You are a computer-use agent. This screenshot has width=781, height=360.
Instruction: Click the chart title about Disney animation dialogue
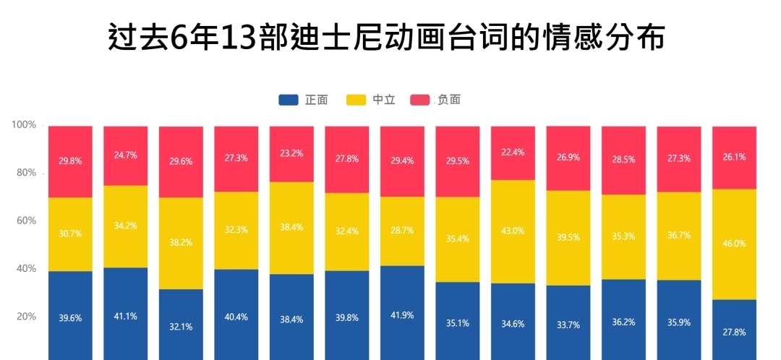[x=386, y=38]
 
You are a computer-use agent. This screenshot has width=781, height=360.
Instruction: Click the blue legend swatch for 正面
[x=289, y=100]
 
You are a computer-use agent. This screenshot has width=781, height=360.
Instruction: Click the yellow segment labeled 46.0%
[x=734, y=244]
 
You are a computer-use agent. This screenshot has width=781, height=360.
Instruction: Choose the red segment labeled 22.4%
[x=513, y=153]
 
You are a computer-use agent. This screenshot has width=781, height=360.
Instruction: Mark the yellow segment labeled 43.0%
[x=513, y=231]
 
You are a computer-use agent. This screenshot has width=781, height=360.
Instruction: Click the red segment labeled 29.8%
[x=70, y=161]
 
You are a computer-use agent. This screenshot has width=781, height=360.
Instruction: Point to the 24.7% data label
[x=125, y=155]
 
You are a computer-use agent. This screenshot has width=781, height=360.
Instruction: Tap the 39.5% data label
[x=568, y=238]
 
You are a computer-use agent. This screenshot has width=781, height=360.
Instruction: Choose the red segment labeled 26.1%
[x=734, y=157]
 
